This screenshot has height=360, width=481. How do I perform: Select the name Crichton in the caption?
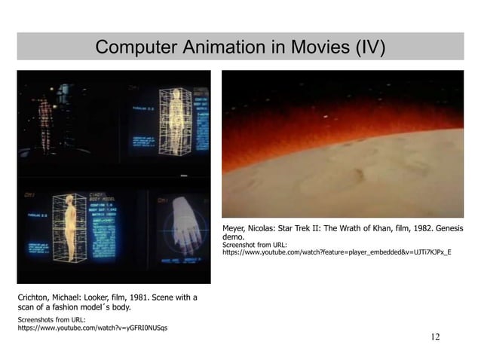pyautogui.click(x=34, y=297)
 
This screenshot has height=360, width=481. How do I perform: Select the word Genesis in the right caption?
pyautogui.click(x=447, y=228)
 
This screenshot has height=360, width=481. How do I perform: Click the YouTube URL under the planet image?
pyautogui.click(x=336, y=252)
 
